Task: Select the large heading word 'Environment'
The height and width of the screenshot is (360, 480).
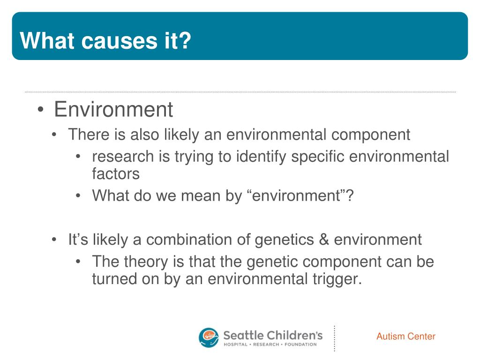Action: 113,109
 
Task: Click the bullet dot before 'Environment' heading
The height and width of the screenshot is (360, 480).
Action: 41,110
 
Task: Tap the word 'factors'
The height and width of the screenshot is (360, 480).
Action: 116,174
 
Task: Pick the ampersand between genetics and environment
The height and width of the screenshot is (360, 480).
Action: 323,240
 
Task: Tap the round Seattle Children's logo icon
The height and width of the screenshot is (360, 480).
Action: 209,337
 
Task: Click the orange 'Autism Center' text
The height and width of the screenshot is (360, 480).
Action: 405,337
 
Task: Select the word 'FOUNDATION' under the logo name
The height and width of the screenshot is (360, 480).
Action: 300,345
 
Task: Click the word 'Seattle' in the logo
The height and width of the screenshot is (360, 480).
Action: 242,335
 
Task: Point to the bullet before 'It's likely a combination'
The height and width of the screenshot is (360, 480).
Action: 54,240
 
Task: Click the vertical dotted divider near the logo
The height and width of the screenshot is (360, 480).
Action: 334,338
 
